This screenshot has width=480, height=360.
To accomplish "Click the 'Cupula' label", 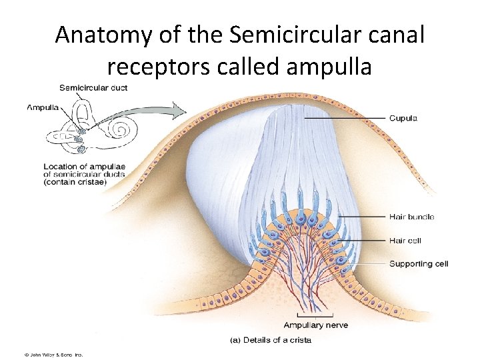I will click(x=403, y=119).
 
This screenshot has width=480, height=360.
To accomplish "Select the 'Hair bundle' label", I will click(x=411, y=217).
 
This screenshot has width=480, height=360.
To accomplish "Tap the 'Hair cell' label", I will click(x=405, y=241).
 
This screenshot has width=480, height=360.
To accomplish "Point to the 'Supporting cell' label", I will click(x=419, y=264).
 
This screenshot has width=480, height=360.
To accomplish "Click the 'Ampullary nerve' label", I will click(x=315, y=325).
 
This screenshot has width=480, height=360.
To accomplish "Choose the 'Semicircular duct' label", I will click(x=93, y=87).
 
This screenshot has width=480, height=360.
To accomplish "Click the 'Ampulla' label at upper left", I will click(x=43, y=107).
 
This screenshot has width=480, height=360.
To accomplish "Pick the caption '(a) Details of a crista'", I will click(x=271, y=340).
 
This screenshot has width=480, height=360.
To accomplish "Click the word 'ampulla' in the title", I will click(x=329, y=67).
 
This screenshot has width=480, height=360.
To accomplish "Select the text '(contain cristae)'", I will click(x=75, y=182).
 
